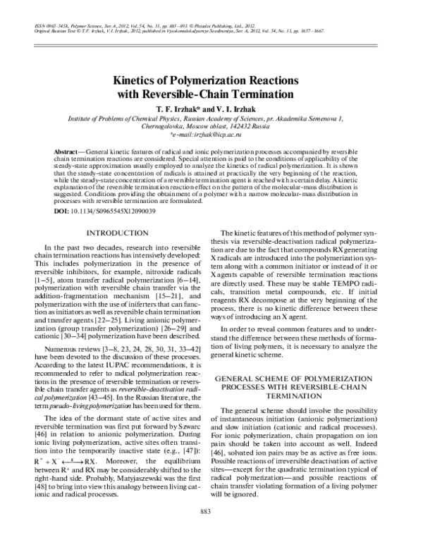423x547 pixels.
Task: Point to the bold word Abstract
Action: pos(67,153)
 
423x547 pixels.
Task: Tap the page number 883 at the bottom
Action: pos(211,531)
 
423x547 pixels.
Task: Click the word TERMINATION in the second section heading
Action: pos(300,397)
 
